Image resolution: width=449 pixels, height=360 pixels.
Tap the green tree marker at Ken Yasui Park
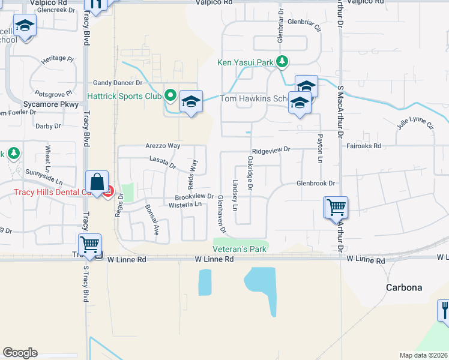(x=283, y=62)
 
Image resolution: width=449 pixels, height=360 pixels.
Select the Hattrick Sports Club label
(x=125, y=95)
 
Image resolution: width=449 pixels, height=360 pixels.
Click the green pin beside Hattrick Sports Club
(x=170, y=95)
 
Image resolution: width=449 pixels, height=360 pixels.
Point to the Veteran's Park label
(x=239, y=249)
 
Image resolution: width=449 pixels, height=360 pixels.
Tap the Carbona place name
(x=404, y=287)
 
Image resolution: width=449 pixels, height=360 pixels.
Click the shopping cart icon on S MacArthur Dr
(x=336, y=208)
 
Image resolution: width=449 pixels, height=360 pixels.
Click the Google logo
(x=20, y=353)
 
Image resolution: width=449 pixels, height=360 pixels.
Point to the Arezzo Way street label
(x=163, y=146)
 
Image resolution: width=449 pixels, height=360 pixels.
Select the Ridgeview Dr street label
(x=271, y=150)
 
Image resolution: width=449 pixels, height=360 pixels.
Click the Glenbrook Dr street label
(x=315, y=184)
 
